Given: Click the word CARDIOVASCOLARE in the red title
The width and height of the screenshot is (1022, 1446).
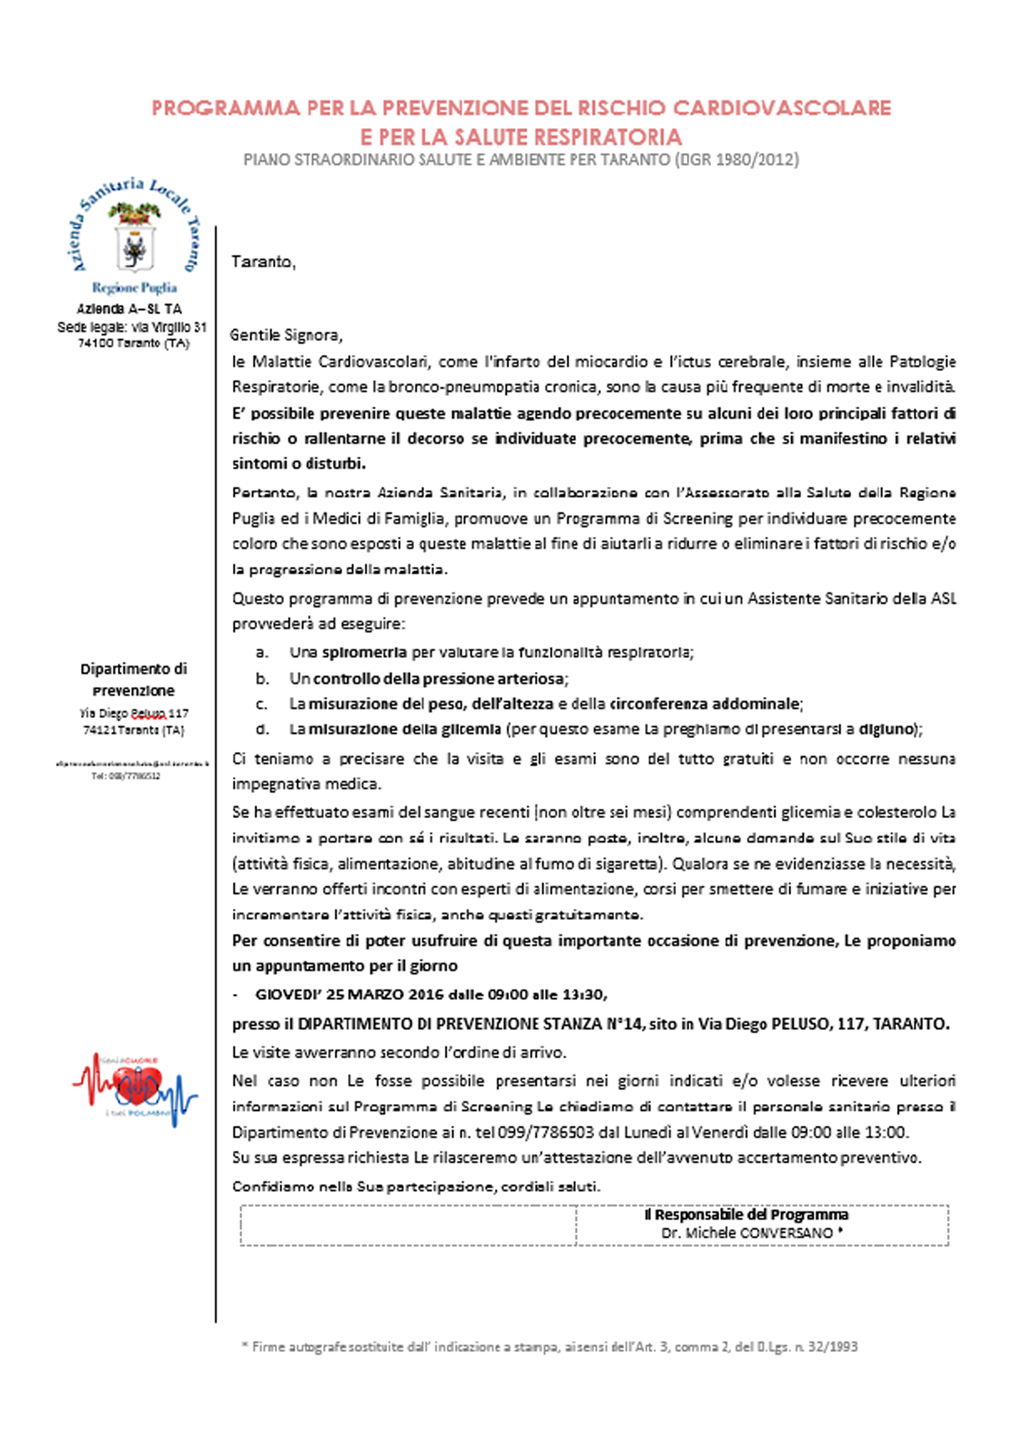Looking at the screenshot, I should coord(782,108).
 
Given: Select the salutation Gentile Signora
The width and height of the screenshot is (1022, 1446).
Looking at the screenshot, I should coord(286,335).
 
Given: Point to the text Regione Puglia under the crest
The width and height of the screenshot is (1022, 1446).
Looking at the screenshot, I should coord(134,288).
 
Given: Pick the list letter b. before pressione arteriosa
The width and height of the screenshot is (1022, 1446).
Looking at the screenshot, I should coord(263,678).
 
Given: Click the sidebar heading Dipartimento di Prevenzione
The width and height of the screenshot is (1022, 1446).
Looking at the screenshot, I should coord(134,679).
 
